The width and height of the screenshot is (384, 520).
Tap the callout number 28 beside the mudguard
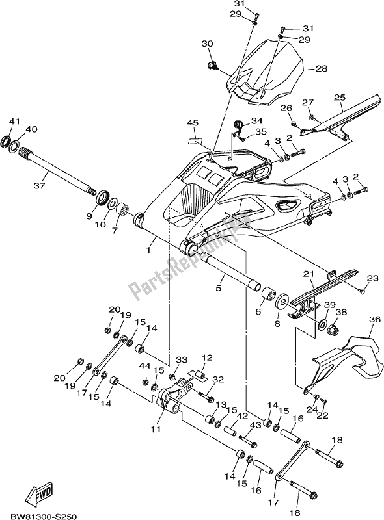click(x=320, y=68)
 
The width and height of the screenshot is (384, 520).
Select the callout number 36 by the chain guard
click(x=374, y=319)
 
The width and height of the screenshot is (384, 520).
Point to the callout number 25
click(x=340, y=97)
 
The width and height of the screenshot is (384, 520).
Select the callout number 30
click(x=208, y=44)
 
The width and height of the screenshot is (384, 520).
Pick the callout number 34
click(x=256, y=120)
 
